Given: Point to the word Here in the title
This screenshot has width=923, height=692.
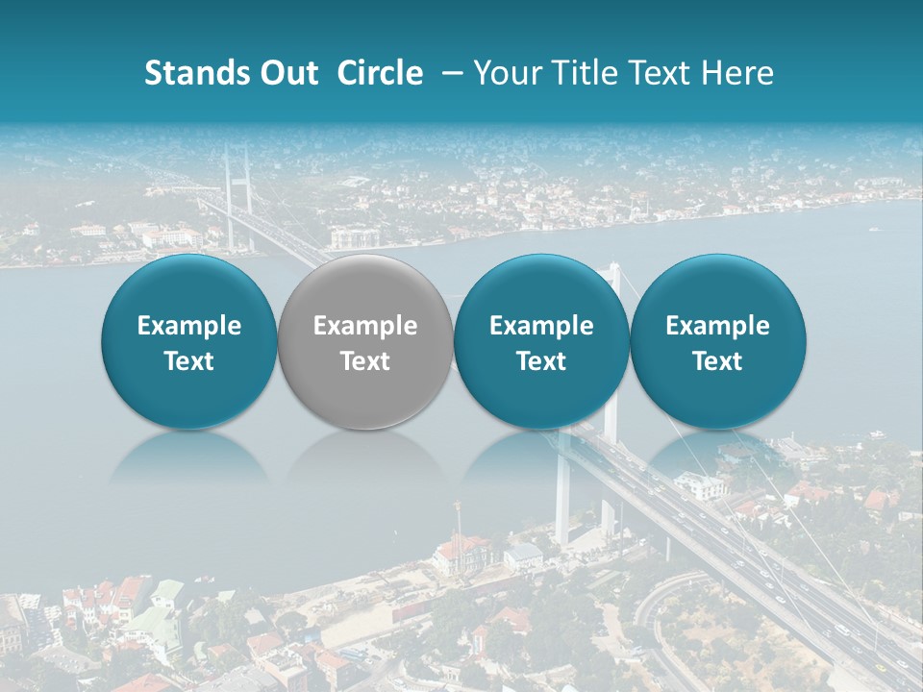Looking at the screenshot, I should [x=741, y=73].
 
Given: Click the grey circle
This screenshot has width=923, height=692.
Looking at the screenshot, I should [x=365, y=288].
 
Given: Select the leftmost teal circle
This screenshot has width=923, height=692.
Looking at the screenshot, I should [x=189, y=288].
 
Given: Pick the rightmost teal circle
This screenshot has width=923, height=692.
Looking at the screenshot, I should [x=718, y=288].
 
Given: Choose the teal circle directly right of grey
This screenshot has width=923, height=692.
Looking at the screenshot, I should [x=541, y=288].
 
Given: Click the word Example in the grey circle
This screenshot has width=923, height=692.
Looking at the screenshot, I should [x=365, y=327].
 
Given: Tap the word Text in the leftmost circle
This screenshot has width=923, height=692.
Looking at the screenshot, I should [x=189, y=361].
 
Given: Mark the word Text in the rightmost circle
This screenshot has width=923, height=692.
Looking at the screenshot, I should [x=718, y=361].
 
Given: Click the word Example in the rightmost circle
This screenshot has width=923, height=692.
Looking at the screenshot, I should [x=718, y=327].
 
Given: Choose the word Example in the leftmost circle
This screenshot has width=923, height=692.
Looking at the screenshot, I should [x=189, y=327].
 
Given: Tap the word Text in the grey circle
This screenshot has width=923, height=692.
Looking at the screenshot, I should [x=365, y=361].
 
